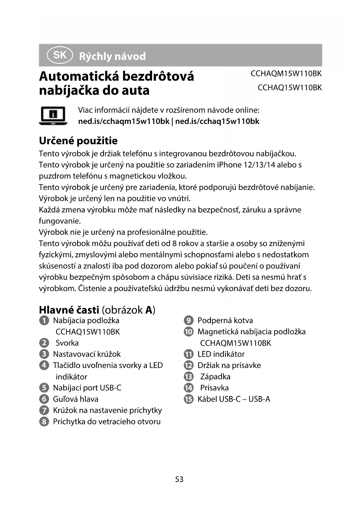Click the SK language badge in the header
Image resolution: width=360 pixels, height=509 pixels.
[60, 55]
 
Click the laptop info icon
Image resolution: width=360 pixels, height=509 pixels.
[53, 115]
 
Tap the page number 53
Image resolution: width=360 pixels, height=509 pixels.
[179, 479]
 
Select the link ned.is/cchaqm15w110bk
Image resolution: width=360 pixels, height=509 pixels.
[124, 121]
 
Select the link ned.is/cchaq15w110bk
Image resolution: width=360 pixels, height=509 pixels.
[217, 121]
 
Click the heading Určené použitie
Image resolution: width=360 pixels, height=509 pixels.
[78, 141]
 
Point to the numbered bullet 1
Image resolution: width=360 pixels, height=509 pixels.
[44, 321]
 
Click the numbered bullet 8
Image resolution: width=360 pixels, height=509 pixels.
[44, 422]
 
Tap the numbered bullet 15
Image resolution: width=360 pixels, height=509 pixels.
[189, 399]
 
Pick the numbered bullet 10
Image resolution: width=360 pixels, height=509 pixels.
[189, 332]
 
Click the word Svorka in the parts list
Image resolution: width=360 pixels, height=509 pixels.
[67, 343]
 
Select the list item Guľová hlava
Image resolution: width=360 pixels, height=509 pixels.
[75, 399]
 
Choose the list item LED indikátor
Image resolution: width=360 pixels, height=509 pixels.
[221, 354]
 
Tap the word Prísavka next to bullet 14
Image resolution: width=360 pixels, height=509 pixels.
[214, 388]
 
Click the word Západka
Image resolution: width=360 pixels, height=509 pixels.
[215, 377]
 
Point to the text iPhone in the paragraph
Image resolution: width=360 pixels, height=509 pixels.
[229, 165]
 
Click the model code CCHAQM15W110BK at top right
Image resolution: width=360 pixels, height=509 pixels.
[286, 74]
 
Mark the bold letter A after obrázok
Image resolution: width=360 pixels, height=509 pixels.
[149, 310]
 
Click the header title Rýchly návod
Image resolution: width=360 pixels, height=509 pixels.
[112, 56]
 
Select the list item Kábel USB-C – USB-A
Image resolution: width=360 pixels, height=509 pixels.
[234, 399]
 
